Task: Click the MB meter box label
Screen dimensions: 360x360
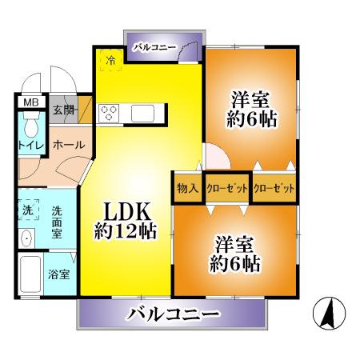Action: pos(31,102)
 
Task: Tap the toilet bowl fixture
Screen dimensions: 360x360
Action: pos(31,125)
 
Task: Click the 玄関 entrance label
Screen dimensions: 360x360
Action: pos(63,110)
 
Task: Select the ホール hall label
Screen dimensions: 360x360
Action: pos(69,145)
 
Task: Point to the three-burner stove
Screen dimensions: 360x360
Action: pos(109,113)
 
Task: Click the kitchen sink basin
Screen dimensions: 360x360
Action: pos(142,113)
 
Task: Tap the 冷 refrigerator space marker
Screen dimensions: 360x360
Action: pos(111,60)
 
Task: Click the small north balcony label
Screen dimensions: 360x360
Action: pos(154,47)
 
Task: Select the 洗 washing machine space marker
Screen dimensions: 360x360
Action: pos(28,210)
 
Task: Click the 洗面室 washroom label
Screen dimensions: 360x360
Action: pos(57,222)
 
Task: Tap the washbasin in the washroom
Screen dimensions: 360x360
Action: pos(26,238)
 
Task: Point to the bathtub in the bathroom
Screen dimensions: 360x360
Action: pos(30,274)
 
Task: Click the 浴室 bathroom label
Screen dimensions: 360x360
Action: pos(59,274)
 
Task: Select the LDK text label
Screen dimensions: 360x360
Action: pos(126,211)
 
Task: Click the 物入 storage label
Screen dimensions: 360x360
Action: pos(187,189)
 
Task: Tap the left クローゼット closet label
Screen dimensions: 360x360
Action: pos(227,189)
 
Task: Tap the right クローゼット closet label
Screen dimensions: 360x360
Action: pos(274,189)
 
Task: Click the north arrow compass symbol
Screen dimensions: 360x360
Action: pos(329,312)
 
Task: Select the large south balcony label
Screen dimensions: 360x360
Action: pos(174,314)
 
